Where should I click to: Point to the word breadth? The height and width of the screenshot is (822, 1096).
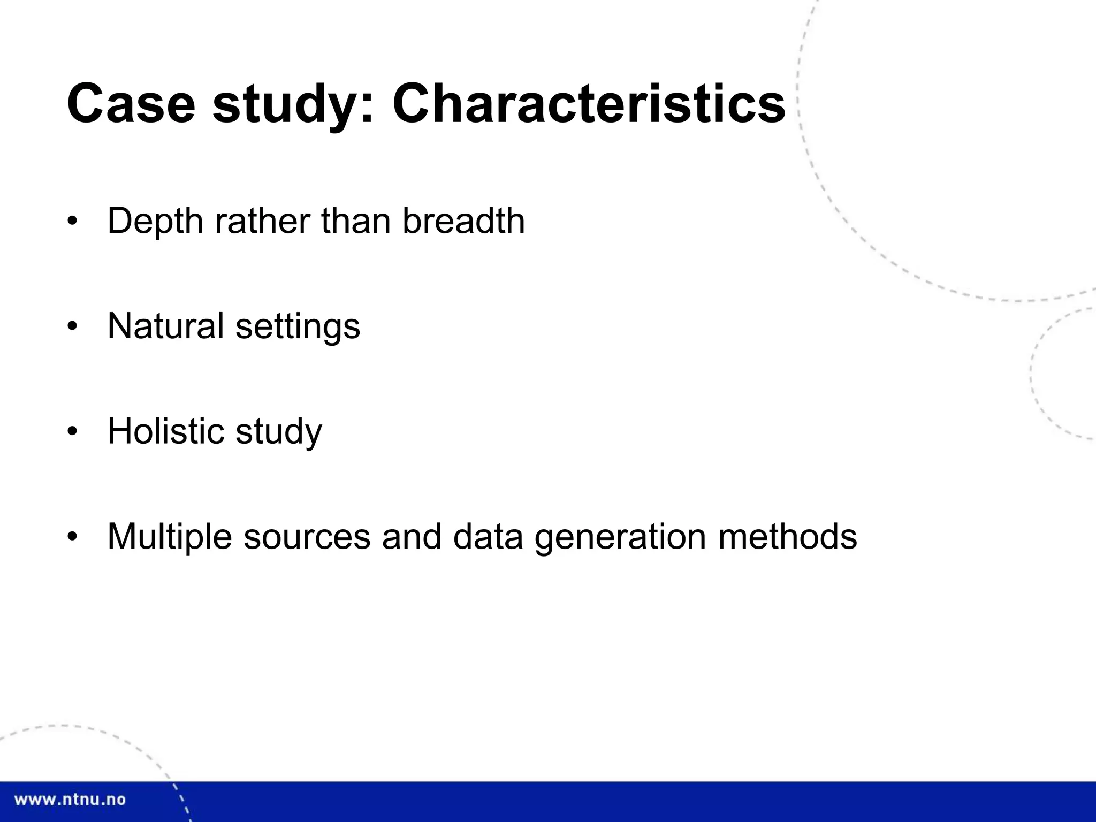[x=463, y=220]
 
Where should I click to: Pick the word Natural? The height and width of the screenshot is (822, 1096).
[x=165, y=326]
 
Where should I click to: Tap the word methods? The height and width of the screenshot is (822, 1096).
[x=787, y=536]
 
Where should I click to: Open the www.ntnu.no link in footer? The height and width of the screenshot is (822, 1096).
[x=70, y=800]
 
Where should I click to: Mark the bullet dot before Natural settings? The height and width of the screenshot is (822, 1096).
[x=73, y=326]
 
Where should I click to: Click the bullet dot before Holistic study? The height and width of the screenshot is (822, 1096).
[x=73, y=431]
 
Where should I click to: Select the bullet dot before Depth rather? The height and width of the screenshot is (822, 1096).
[x=73, y=221]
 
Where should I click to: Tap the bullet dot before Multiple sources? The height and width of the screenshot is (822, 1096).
[x=73, y=536]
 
